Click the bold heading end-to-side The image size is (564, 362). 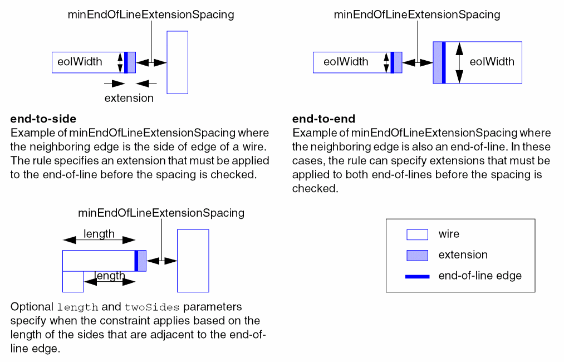coord(43,119)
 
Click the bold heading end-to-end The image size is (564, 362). coord(323,119)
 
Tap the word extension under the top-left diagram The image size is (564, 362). coord(129,99)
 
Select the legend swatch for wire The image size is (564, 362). coord(417,234)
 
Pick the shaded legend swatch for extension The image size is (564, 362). coord(417,255)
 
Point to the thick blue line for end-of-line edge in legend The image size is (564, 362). coord(417,276)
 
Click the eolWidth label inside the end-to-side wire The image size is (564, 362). coord(80,62)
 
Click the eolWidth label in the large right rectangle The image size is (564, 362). coord(492,62)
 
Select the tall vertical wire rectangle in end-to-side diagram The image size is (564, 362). coord(177,62)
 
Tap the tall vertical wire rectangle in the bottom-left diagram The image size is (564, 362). coord(193,260)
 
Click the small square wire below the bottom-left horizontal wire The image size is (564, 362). coord(73,281)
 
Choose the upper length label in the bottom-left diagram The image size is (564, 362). coord(99,234)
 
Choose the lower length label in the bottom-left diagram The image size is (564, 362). coord(110,275)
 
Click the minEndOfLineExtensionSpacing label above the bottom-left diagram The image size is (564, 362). coord(161,213)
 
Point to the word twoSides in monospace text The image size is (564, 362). coord(151,307)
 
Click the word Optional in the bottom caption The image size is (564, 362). coord(32,307)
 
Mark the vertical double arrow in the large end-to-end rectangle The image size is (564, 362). coord(459,62)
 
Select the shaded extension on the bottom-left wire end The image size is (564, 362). coord(142,261)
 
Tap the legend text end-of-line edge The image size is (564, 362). coord(480,276)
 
